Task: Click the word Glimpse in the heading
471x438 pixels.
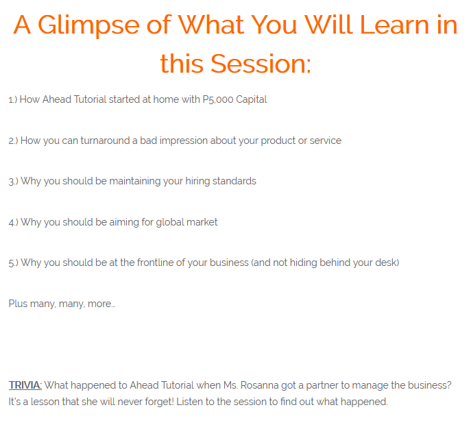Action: (x=88, y=26)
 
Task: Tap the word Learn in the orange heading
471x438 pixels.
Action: (x=394, y=25)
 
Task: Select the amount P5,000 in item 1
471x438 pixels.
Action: (x=218, y=99)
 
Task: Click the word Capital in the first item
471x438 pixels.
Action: (x=252, y=100)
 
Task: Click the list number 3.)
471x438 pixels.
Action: (x=13, y=182)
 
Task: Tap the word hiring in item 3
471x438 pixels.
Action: (x=197, y=182)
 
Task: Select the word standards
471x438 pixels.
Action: (x=234, y=181)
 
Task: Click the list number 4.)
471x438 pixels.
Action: (x=13, y=222)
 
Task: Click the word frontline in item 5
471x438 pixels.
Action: (x=155, y=263)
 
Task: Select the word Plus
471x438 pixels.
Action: (x=18, y=304)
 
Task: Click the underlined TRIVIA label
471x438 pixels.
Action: (x=25, y=385)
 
